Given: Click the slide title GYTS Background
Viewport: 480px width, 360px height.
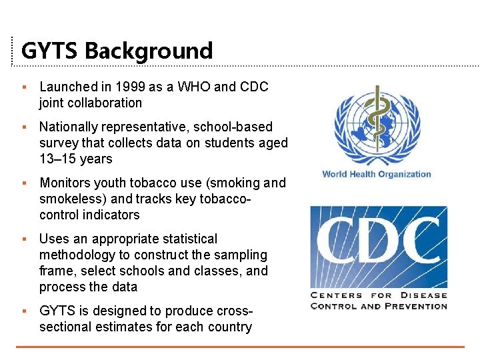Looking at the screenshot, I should pyautogui.click(x=117, y=51).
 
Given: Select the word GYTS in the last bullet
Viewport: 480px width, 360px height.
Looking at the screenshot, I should pyautogui.click(x=57, y=311).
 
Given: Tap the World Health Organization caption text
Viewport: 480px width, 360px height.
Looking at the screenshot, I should pyautogui.click(x=377, y=174).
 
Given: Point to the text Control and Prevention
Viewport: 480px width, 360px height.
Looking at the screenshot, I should pyautogui.click(x=379, y=307).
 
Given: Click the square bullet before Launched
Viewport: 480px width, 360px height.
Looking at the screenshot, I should pyautogui.click(x=23, y=87).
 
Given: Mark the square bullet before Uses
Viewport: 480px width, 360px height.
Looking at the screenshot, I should pyautogui.click(x=23, y=239).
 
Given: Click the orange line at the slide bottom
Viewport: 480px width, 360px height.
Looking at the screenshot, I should pyautogui.click(x=240, y=347).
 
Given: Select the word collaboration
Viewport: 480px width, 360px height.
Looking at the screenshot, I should pyautogui.click(x=101, y=103).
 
